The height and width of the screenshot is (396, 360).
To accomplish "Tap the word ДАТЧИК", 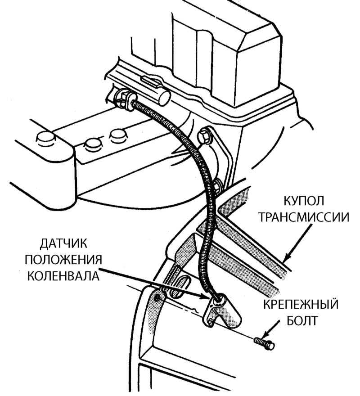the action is pyautogui.click(x=63, y=243).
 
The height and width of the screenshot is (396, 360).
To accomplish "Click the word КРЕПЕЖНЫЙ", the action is pyautogui.click(x=301, y=305).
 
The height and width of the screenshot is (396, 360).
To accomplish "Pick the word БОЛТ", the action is pyautogui.click(x=302, y=320).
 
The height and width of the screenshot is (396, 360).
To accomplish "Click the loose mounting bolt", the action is pyautogui.click(x=264, y=344).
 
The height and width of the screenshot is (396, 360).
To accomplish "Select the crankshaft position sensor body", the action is pyautogui.click(x=222, y=310).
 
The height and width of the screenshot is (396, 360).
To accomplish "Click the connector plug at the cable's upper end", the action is pyautogui.click(x=125, y=99).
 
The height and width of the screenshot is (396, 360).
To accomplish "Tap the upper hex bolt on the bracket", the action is pyautogui.click(x=204, y=136).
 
